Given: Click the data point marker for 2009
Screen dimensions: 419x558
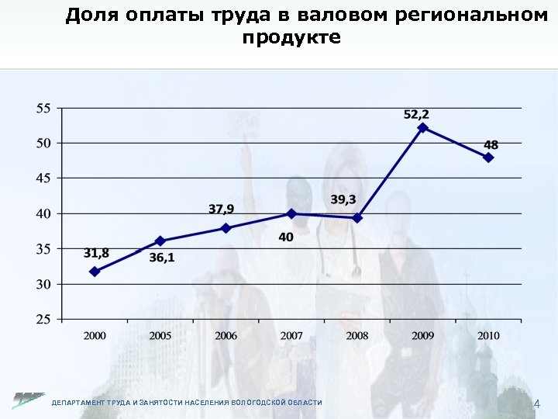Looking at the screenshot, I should pos(422,127).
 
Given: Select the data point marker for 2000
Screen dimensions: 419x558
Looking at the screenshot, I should pos(95,272).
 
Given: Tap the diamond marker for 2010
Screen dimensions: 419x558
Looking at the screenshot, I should pos(488,157).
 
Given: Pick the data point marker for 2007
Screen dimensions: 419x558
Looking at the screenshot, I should pos(291,213).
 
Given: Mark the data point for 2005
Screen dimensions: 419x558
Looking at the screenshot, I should pos(160,241).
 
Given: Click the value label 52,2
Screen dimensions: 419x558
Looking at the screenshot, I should pos(417,114).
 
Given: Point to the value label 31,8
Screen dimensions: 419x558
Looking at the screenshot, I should pos(96,253).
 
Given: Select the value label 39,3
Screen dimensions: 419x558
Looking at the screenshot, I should pos(343,199).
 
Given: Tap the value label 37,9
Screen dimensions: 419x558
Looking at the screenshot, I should pos(222,209).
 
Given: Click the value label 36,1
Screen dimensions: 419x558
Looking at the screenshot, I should pos(162,258).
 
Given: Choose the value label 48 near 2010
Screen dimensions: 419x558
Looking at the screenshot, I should pos(491,144).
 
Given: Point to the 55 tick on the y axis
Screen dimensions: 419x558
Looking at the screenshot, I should pos(43,108).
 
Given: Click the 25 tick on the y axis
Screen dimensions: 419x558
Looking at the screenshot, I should pos(43,319).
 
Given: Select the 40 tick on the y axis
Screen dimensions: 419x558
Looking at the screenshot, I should pos(43,213).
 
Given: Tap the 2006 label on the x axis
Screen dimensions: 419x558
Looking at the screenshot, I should pos(226,335).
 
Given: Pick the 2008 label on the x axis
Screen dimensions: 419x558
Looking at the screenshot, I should pos(356,335).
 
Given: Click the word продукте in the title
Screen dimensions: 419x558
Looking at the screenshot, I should pos(291,37).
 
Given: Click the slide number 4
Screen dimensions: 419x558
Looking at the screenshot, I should pos(537,403).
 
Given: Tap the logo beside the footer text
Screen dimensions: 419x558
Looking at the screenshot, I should pos(28,400).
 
